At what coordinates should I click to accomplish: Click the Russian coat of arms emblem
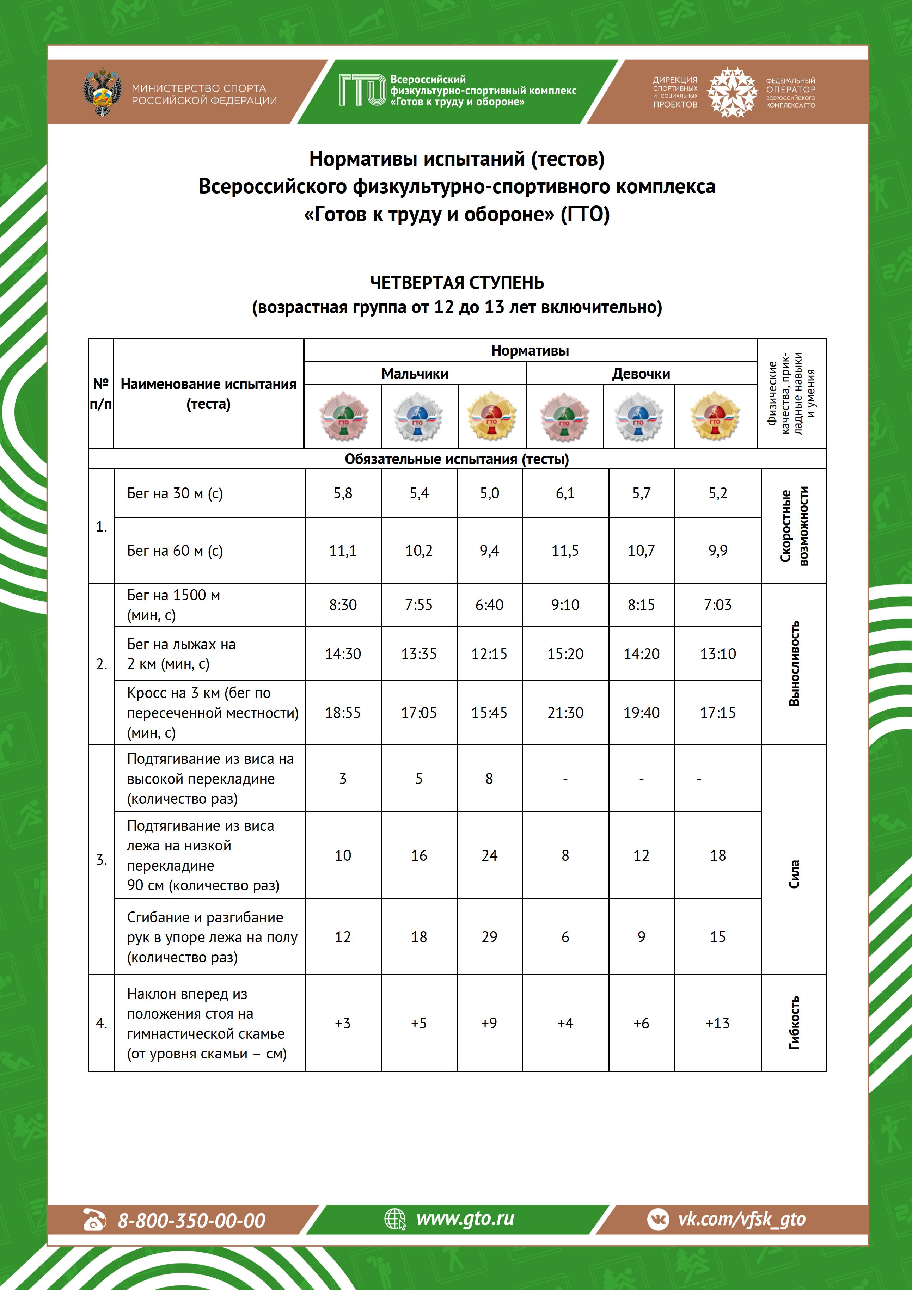pyautogui.click(x=102, y=92)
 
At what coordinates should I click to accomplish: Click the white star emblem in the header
pyautogui.click(x=732, y=92)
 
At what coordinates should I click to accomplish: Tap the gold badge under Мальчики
pyautogui.click(x=491, y=416)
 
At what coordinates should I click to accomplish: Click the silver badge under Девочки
pyautogui.click(x=638, y=416)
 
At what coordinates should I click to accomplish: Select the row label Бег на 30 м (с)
pyautogui.click(x=175, y=493)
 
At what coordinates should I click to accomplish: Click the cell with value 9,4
pyautogui.click(x=489, y=551)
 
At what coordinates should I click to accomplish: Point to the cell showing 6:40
pyautogui.click(x=489, y=604)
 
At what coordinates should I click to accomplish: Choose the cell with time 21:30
pyautogui.click(x=565, y=712)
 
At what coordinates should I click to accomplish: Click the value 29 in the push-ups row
pyautogui.click(x=489, y=936)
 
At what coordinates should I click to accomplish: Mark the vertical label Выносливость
pyautogui.click(x=794, y=664)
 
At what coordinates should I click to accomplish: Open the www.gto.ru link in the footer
pyautogui.click(x=465, y=1219)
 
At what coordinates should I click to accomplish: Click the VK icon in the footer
pyautogui.click(x=658, y=1219)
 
